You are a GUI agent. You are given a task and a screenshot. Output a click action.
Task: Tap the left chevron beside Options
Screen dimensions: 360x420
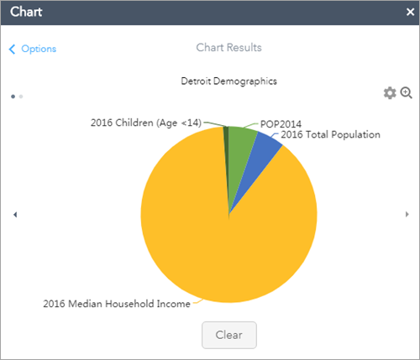pyautogui.click(x=12, y=49)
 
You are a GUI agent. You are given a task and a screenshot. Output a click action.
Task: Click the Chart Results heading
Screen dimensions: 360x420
pyautogui.click(x=228, y=48)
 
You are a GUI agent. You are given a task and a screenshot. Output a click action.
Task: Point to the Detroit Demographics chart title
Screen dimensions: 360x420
pyautogui.click(x=228, y=81)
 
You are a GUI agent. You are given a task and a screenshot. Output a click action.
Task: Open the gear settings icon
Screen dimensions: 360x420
pyautogui.click(x=390, y=93)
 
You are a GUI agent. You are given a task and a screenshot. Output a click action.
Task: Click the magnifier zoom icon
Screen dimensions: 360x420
pyautogui.click(x=407, y=93)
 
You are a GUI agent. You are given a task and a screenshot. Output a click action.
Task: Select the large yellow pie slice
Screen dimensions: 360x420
pyautogui.click(x=210, y=235)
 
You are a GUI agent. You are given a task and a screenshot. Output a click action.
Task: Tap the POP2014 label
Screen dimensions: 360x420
pyautogui.click(x=281, y=124)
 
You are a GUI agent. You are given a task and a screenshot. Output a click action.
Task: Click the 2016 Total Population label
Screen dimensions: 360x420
pyautogui.click(x=330, y=134)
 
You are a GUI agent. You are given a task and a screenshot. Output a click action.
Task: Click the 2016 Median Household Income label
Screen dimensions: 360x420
pyautogui.click(x=116, y=304)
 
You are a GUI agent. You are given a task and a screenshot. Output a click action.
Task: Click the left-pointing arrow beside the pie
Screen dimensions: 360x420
pyautogui.click(x=16, y=215)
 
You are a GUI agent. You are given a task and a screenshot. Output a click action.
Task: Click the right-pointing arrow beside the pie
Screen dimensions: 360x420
pyautogui.click(x=408, y=215)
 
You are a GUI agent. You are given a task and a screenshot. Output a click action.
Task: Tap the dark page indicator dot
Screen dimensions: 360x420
pyautogui.click(x=13, y=97)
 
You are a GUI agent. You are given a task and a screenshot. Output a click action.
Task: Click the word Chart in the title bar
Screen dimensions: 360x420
pyautogui.click(x=27, y=13)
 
